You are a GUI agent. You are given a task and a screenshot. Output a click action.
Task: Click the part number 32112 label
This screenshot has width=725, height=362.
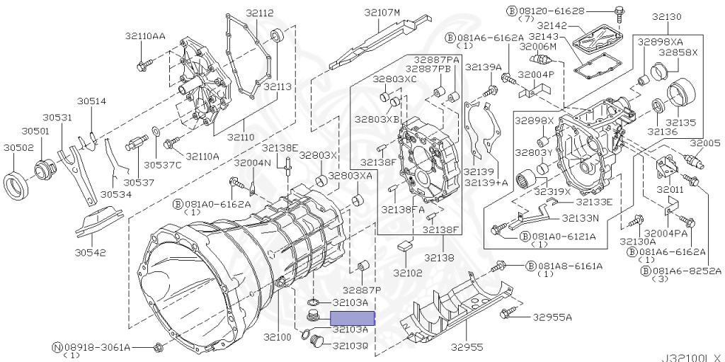point(259,13)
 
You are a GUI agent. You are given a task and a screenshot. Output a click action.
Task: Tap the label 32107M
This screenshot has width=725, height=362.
point(382,13)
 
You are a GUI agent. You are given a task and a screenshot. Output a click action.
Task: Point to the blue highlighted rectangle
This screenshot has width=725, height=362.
point(352,319)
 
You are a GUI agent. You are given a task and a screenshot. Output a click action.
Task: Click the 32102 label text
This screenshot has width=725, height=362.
point(409,273)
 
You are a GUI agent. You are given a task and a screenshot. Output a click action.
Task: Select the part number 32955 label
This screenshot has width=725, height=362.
point(469,346)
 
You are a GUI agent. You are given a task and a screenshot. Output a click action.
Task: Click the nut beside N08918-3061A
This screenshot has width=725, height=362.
point(158,347)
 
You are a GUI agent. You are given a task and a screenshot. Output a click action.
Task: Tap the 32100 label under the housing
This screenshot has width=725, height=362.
point(278,337)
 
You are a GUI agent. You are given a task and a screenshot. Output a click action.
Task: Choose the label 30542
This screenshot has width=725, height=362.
point(90,253)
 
